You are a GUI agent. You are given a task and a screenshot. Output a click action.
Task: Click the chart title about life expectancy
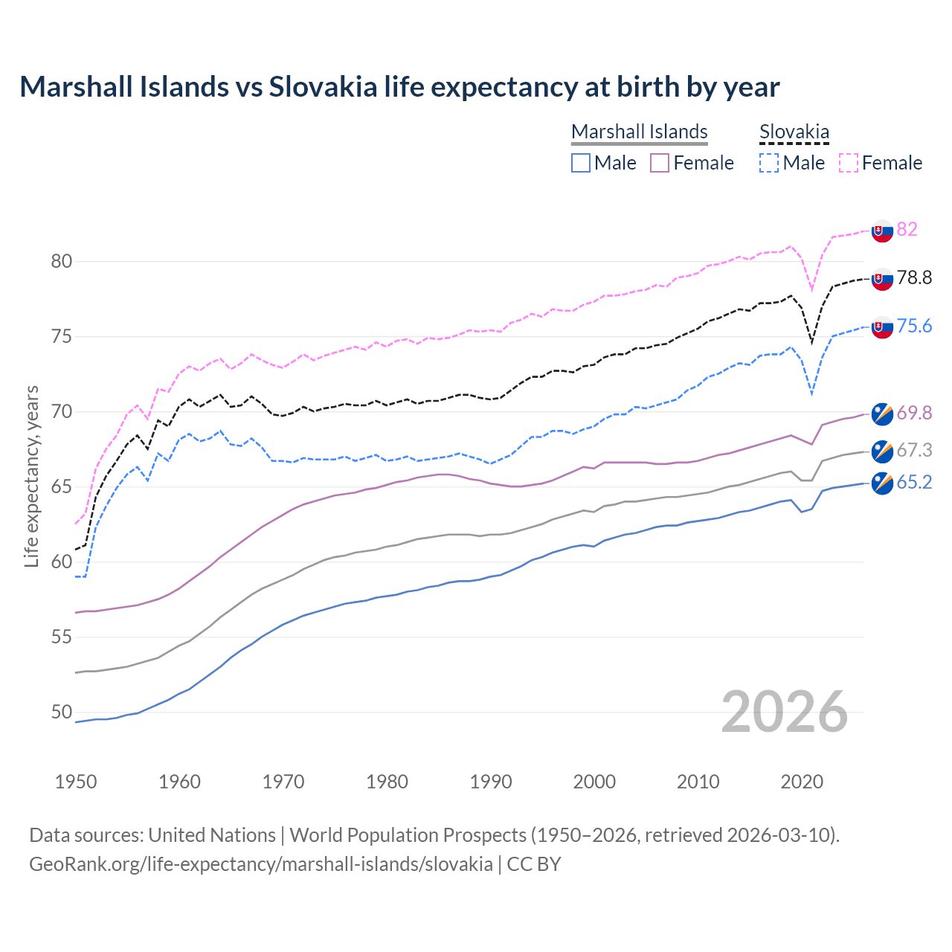(x=399, y=87)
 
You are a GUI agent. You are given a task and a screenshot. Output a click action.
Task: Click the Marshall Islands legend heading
(x=639, y=132)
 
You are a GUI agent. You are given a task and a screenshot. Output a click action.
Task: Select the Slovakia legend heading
(x=794, y=132)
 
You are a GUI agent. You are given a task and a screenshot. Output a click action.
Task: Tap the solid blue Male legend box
(x=581, y=163)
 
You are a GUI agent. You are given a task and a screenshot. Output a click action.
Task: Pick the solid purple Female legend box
(x=660, y=163)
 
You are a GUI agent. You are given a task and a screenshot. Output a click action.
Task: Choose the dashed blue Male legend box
(x=769, y=163)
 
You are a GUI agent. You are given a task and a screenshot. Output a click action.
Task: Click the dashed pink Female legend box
(x=849, y=163)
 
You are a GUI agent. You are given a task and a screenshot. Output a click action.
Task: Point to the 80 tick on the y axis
(x=62, y=261)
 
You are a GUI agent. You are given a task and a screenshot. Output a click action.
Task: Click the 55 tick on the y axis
(x=62, y=637)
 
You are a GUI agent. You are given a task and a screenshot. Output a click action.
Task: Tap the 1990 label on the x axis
(x=491, y=782)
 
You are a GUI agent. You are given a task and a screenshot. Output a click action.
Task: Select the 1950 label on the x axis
(x=76, y=782)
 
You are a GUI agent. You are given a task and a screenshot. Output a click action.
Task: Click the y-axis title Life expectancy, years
(x=31, y=476)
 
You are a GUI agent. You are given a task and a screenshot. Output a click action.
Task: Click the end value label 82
(x=907, y=229)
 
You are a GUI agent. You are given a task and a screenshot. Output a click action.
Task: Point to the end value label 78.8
(x=914, y=278)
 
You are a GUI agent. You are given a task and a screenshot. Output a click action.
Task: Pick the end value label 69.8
(x=914, y=413)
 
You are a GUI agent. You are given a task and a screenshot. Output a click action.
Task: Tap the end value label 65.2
(x=914, y=483)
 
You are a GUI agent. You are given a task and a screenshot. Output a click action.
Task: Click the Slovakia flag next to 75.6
(x=882, y=327)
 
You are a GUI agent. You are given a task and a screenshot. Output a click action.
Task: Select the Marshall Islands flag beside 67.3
(x=882, y=451)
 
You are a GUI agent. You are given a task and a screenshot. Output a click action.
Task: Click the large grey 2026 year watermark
(x=785, y=712)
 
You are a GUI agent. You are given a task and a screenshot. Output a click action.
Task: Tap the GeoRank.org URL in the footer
(x=260, y=864)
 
